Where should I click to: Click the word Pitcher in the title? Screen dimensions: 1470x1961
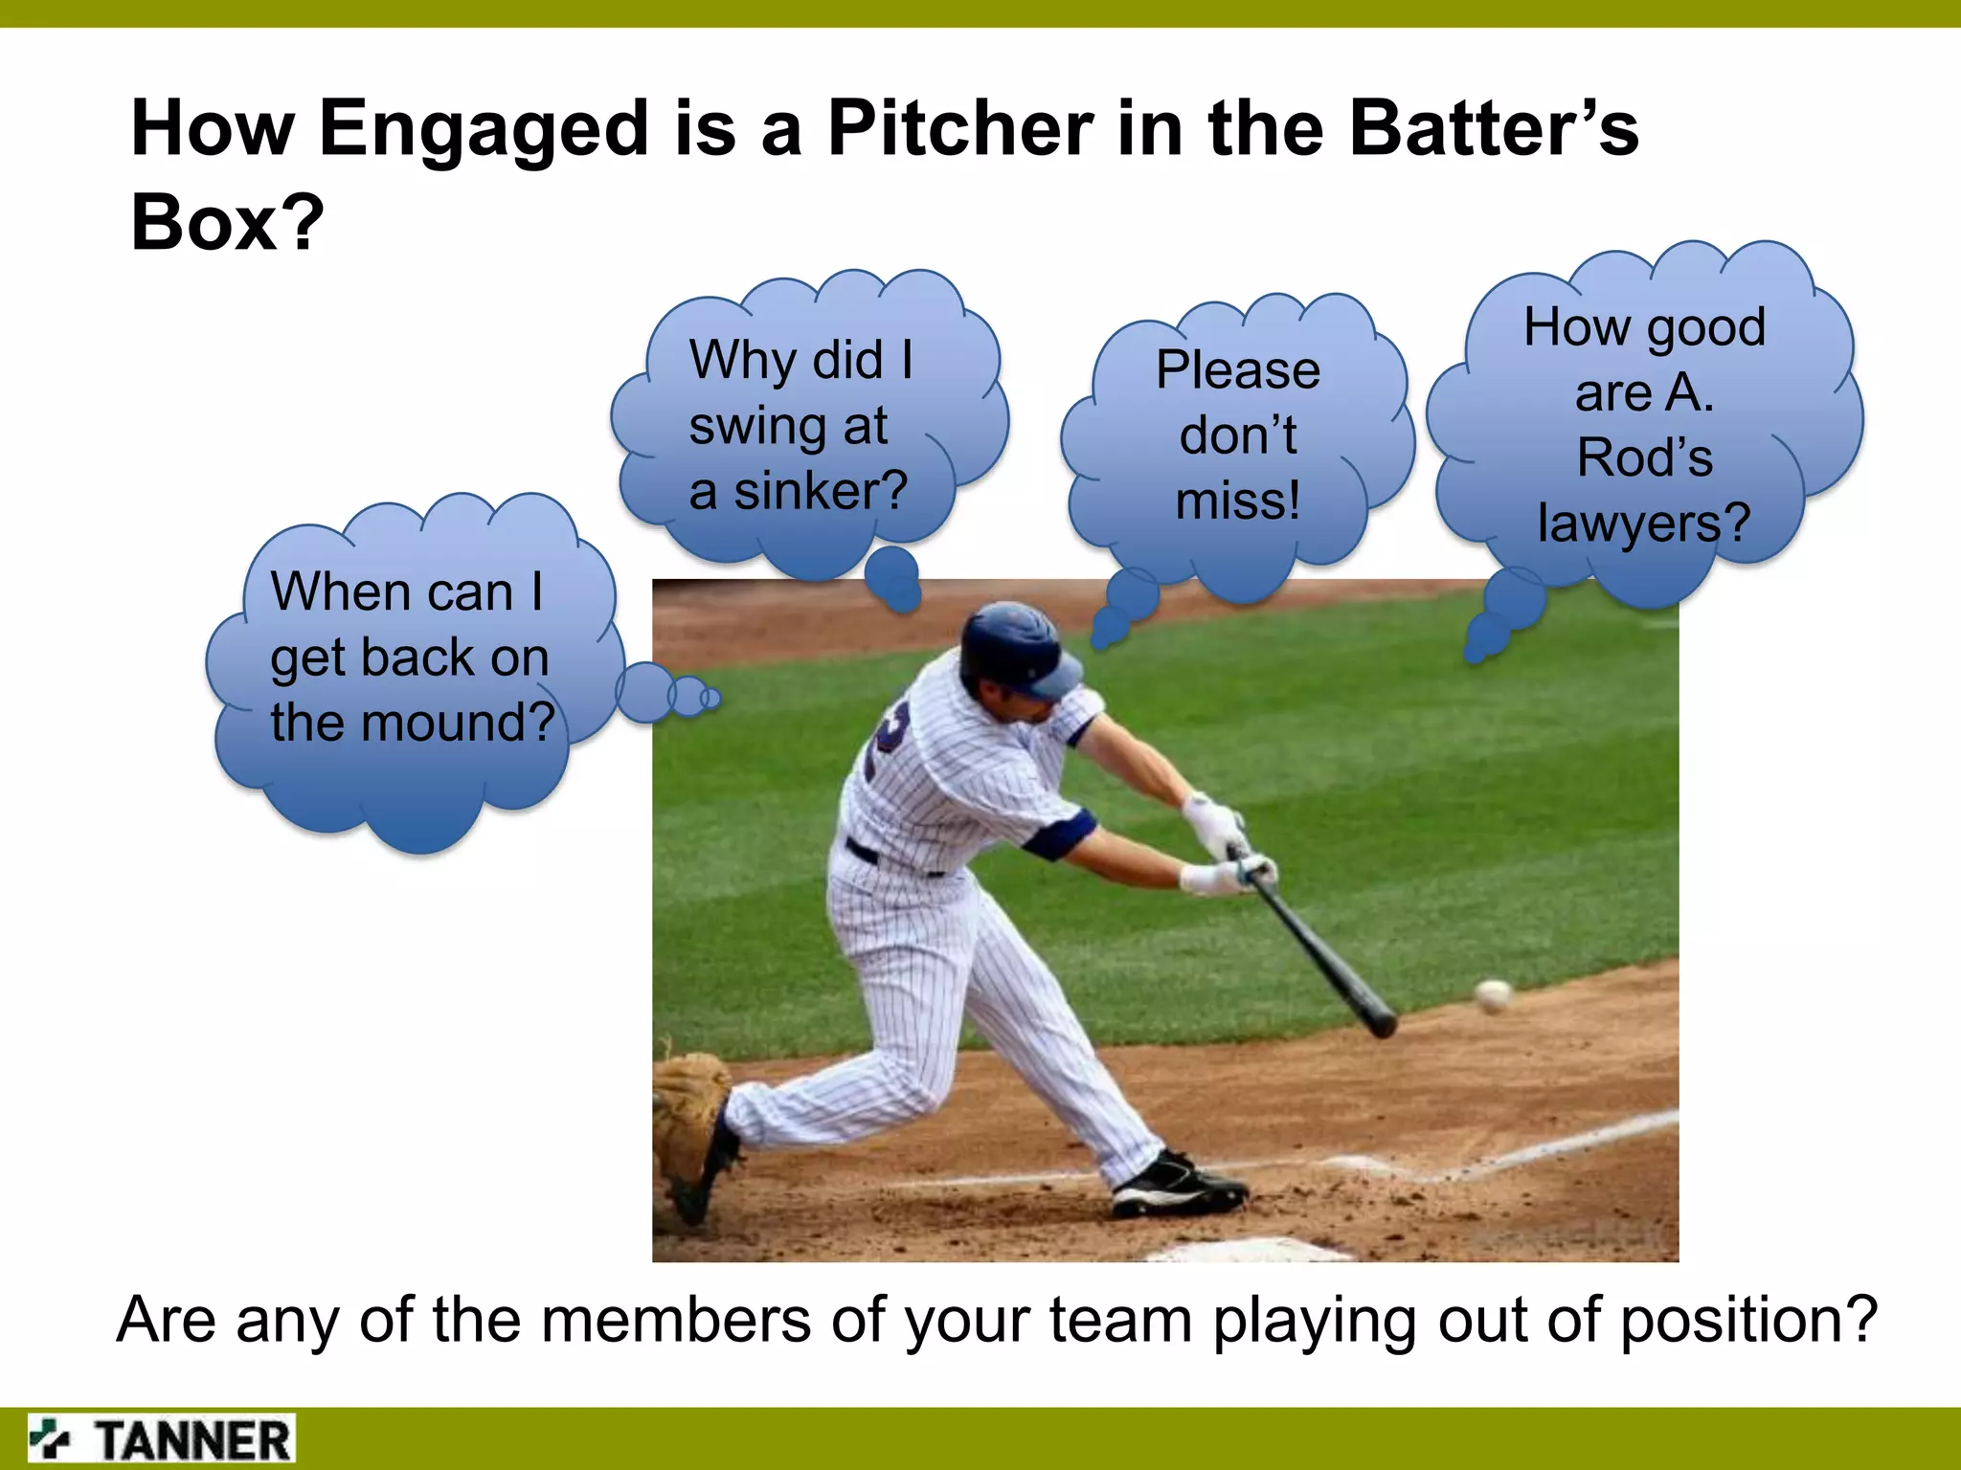click(959, 128)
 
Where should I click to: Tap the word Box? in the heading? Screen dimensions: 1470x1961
click(228, 222)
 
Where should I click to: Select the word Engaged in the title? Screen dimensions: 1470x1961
click(485, 130)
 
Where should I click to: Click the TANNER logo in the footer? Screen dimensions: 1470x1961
click(161, 1439)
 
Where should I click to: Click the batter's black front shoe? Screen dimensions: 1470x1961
click(1178, 1188)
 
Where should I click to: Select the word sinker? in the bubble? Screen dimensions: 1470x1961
click(820, 491)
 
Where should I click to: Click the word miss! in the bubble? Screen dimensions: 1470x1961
click(1238, 501)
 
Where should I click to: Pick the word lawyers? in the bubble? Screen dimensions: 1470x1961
click(1643, 523)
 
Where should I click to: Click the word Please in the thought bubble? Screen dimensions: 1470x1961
click(1238, 370)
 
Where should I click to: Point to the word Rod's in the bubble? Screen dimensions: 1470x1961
click(1644, 457)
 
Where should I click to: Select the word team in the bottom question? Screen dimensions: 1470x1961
click(1119, 1321)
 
